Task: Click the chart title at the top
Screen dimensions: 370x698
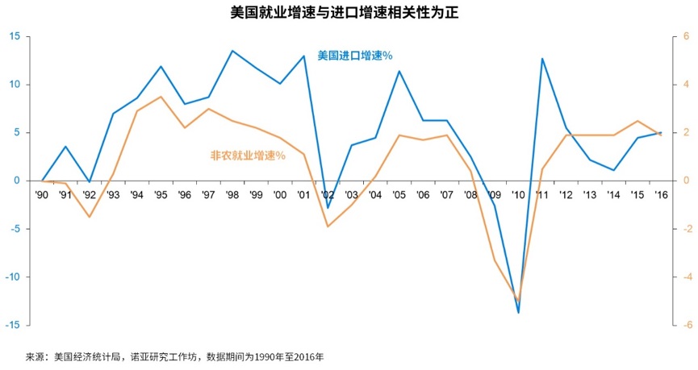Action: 349,13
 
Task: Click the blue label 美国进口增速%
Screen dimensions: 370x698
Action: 355,56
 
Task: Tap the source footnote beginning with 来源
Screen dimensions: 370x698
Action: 175,355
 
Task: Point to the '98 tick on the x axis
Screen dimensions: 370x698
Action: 232,195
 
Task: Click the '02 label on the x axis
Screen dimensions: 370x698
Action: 328,195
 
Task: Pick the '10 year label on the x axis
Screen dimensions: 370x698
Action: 518,195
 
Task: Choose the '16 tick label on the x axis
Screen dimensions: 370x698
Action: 661,195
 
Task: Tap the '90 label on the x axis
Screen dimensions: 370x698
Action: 42,195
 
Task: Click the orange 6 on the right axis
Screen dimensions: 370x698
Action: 686,36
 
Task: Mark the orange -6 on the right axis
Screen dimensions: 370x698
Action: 684,325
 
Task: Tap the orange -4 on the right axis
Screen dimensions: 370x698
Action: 684,276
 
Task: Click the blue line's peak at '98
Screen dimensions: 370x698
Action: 232,51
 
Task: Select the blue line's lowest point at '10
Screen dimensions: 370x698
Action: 518,313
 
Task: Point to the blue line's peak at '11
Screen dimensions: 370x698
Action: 542,58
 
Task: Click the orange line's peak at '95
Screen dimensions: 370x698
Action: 161,97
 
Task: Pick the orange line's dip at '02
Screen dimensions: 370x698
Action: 328,227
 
